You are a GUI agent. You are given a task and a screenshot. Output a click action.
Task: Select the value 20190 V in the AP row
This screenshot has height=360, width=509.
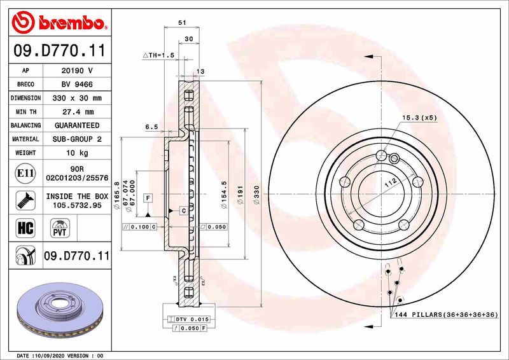(x=78, y=71)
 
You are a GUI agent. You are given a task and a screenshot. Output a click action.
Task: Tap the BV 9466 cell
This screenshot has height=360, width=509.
(x=78, y=84)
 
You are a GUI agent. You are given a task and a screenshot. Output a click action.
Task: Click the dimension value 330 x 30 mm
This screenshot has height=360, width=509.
(x=78, y=98)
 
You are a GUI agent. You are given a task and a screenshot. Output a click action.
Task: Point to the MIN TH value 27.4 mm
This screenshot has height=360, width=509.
(x=78, y=112)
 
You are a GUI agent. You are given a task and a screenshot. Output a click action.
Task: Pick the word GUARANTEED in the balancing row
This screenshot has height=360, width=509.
(x=78, y=125)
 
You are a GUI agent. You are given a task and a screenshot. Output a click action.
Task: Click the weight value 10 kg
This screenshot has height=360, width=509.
(x=78, y=153)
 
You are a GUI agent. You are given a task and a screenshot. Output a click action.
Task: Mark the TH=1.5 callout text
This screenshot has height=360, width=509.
(x=158, y=56)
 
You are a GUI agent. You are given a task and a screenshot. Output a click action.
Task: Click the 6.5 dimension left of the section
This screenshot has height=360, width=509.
(x=151, y=127)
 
